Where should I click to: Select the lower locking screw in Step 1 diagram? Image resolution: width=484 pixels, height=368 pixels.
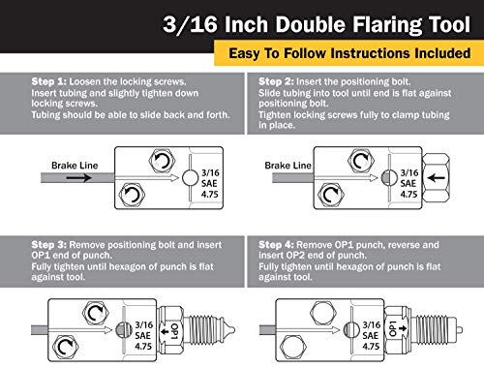click(x=129, y=199)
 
